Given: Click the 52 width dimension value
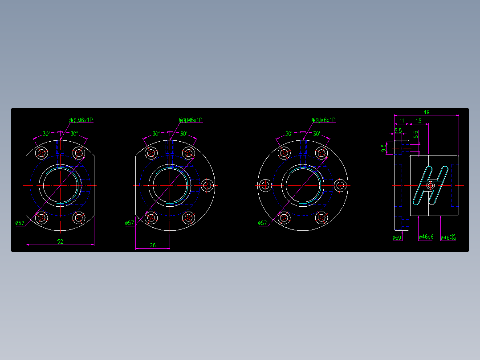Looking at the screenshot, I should (x=60, y=241).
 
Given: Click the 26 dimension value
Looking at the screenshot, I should (x=153, y=245).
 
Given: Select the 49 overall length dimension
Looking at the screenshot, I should (x=426, y=112).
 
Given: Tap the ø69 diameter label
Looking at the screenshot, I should (x=397, y=238).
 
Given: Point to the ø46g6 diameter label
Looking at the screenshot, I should (x=426, y=237).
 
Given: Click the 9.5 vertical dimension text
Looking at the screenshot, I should (x=383, y=148).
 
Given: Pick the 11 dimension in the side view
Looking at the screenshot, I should (x=402, y=121).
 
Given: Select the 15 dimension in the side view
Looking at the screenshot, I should (x=419, y=121).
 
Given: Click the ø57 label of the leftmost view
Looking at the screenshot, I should (x=20, y=223).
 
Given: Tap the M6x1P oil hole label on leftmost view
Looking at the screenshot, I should (x=81, y=120).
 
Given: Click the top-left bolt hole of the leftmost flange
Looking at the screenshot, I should (x=41, y=153).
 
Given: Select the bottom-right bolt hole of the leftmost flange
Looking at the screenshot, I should (x=79, y=217).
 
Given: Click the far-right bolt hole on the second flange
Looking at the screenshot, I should (x=207, y=185).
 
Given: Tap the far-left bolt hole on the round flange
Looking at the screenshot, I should (x=265, y=185).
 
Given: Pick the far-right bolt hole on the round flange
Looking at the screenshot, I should (x=340, y=185).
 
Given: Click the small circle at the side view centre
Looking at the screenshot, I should (x=430, y=185).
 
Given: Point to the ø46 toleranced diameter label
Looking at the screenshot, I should (x=448, y=237).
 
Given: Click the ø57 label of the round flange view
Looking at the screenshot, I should (x=263, y=223).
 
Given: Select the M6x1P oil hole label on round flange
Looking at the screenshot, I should (x=323, y=120).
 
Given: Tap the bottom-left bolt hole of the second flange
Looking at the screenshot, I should (x=151, y=217).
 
